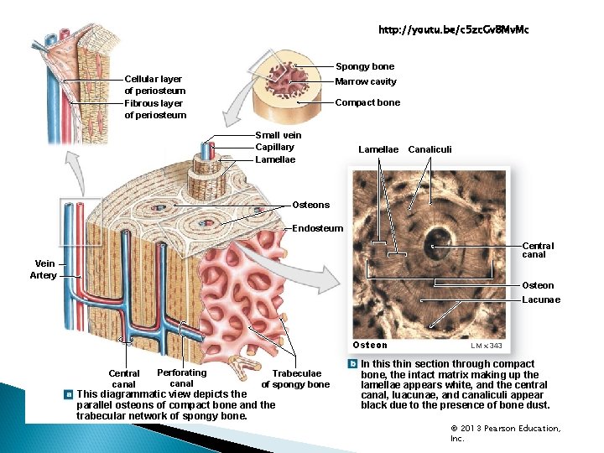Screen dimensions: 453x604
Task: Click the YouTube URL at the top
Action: [453, 30]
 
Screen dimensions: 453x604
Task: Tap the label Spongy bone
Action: [364, 66]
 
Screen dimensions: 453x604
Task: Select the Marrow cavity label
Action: [365, 82]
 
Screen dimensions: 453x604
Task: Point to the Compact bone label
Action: [367, 102]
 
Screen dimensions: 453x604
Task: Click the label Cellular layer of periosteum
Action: [154, 85]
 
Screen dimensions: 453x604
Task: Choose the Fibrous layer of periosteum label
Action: [154, 109]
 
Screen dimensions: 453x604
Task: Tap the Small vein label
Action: [278, 135]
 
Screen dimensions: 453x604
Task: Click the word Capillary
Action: [274, 148]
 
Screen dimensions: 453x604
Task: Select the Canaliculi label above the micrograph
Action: [430, 149]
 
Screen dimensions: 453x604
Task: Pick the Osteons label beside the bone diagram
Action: [310, 205]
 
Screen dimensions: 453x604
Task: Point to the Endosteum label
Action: [317, 228]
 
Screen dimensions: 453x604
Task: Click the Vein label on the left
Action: [45, 263]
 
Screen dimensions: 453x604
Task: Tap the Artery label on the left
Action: [43, 275]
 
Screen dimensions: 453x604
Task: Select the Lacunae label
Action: [540, 299]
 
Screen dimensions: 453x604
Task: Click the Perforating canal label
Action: [181, 378]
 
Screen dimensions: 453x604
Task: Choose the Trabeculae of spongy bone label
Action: [296, 379]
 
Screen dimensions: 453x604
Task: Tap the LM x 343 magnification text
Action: [487, 346]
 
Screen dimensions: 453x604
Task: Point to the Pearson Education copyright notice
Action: [505, 433]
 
